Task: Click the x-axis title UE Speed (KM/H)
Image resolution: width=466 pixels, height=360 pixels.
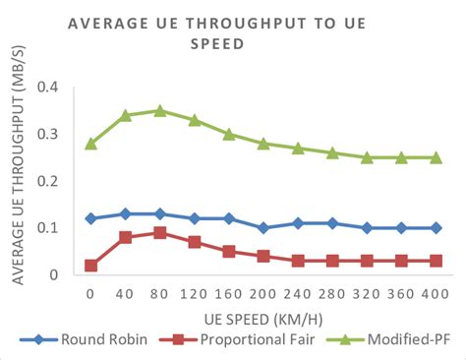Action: coord(263,318)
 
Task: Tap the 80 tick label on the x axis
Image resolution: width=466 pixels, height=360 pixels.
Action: coord(160,293)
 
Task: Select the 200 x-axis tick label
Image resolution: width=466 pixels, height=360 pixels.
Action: coord(263,293)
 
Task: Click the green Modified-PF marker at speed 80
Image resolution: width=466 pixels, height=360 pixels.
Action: coord(160,110)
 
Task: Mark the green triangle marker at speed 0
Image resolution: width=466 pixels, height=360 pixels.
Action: coord(91,143)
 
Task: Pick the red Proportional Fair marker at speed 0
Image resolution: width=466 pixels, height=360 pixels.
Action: coord(91,266)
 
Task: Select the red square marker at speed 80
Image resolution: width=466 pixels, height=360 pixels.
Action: coord(160,233)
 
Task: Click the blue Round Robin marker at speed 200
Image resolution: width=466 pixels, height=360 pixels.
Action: coord(263,228)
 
